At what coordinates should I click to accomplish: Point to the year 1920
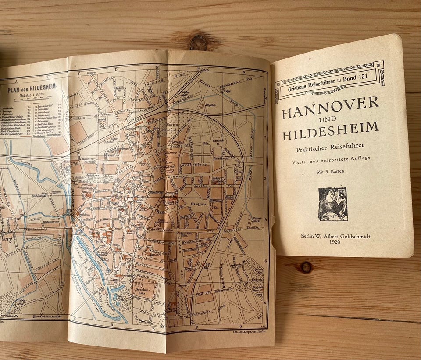click(335, 241)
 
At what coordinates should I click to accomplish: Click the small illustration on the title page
click(333, 204)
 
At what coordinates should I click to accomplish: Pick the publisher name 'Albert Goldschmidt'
click(347, 236)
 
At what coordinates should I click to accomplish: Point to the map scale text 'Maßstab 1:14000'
click(32, 94)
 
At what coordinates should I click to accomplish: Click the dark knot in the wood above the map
click(198, 42)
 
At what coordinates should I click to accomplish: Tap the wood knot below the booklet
click(306, 267)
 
